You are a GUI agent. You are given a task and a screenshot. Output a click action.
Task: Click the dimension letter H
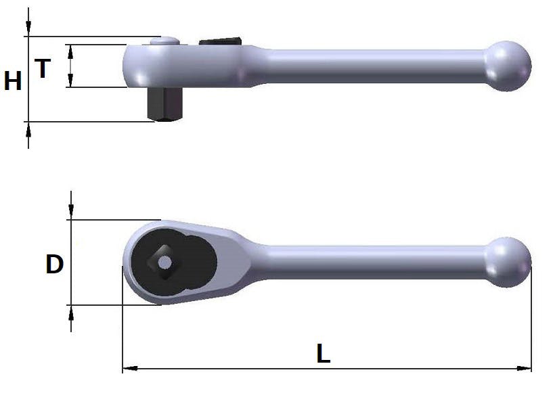13,81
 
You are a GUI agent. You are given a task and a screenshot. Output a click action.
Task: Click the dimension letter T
43,68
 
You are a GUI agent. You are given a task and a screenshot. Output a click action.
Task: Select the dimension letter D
55,264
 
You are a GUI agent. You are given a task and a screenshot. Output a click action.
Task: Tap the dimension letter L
323,353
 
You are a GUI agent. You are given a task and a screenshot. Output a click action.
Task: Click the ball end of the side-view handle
507,66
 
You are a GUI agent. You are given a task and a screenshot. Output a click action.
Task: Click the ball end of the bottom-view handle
508,263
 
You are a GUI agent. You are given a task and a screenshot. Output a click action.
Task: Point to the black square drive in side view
164,104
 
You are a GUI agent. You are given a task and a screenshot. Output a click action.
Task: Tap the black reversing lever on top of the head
220,41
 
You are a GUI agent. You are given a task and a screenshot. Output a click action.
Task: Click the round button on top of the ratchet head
164,41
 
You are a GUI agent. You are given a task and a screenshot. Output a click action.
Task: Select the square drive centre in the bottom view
164,263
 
